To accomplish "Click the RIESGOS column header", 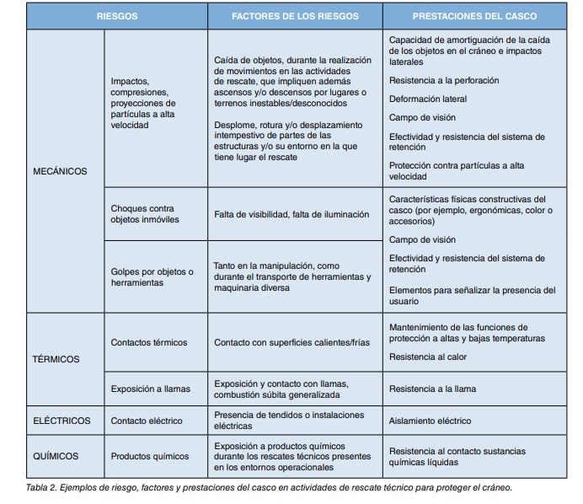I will pyautogui.click(x=117, y=16).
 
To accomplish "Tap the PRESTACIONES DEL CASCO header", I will pyautogui.click(x=475, y=16).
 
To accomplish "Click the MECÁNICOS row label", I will pyautogui.click(x=60, y=171).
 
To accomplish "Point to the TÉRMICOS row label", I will pyautogui.click(x=56, y=359).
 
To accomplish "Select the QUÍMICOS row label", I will pyautogui.click(x=56, y=456).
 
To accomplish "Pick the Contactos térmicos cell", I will pyautogui.click(x=149, y=342).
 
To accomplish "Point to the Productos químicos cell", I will pyautogui.click(x=150, y=456).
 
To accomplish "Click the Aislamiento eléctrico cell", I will pyautogui.click(x=430, y=421).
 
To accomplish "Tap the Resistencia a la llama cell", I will pyautogui.click(x=432, y=389).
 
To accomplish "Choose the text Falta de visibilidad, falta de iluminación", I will pyautogui.click(x=291, y=214).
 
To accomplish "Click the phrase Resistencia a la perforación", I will pyautogui.click(x=444, y=80).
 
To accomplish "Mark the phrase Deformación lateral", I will pyautogui.click(x=428, y=99).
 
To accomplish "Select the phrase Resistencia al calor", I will pyautogui.click(x=428, y=357).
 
